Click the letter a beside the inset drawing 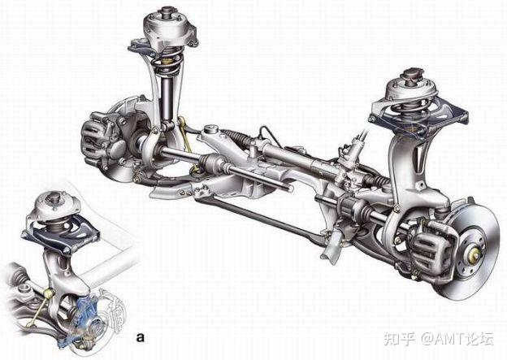click(141, 337)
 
